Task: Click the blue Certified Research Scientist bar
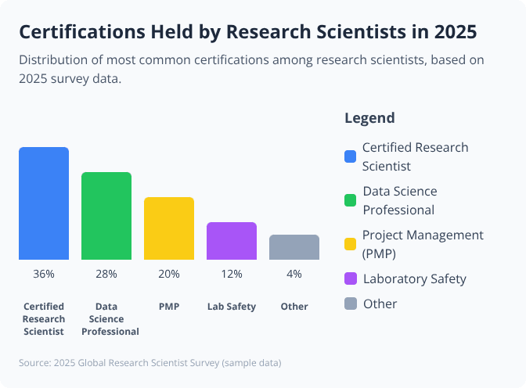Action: (x=44, y=203)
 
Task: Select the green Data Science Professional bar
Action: (x=106, y=216)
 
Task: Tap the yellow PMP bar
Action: (x=169, y=228)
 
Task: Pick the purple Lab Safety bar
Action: (x=232, y=241)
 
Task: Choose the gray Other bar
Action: (x=294, y=247)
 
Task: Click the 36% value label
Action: (x=44, y=274)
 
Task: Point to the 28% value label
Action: (x=106, y=274)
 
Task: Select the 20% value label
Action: (x=169, y=274)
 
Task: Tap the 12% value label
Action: (x=232, y=274)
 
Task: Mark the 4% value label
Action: (x=294, y=274)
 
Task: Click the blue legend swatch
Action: (x=351, y=156)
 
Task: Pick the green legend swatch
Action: (x=351, y=200)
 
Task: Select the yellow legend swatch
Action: (x=351, y=244)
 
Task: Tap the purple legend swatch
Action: (x=351, y=278)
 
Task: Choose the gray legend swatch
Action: (x=351, y=304)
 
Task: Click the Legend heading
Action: (x=369, y=118)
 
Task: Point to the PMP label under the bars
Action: (x=169, y=307)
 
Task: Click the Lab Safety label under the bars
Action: (x=232, y=307)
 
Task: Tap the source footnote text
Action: (x=150, y=363)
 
